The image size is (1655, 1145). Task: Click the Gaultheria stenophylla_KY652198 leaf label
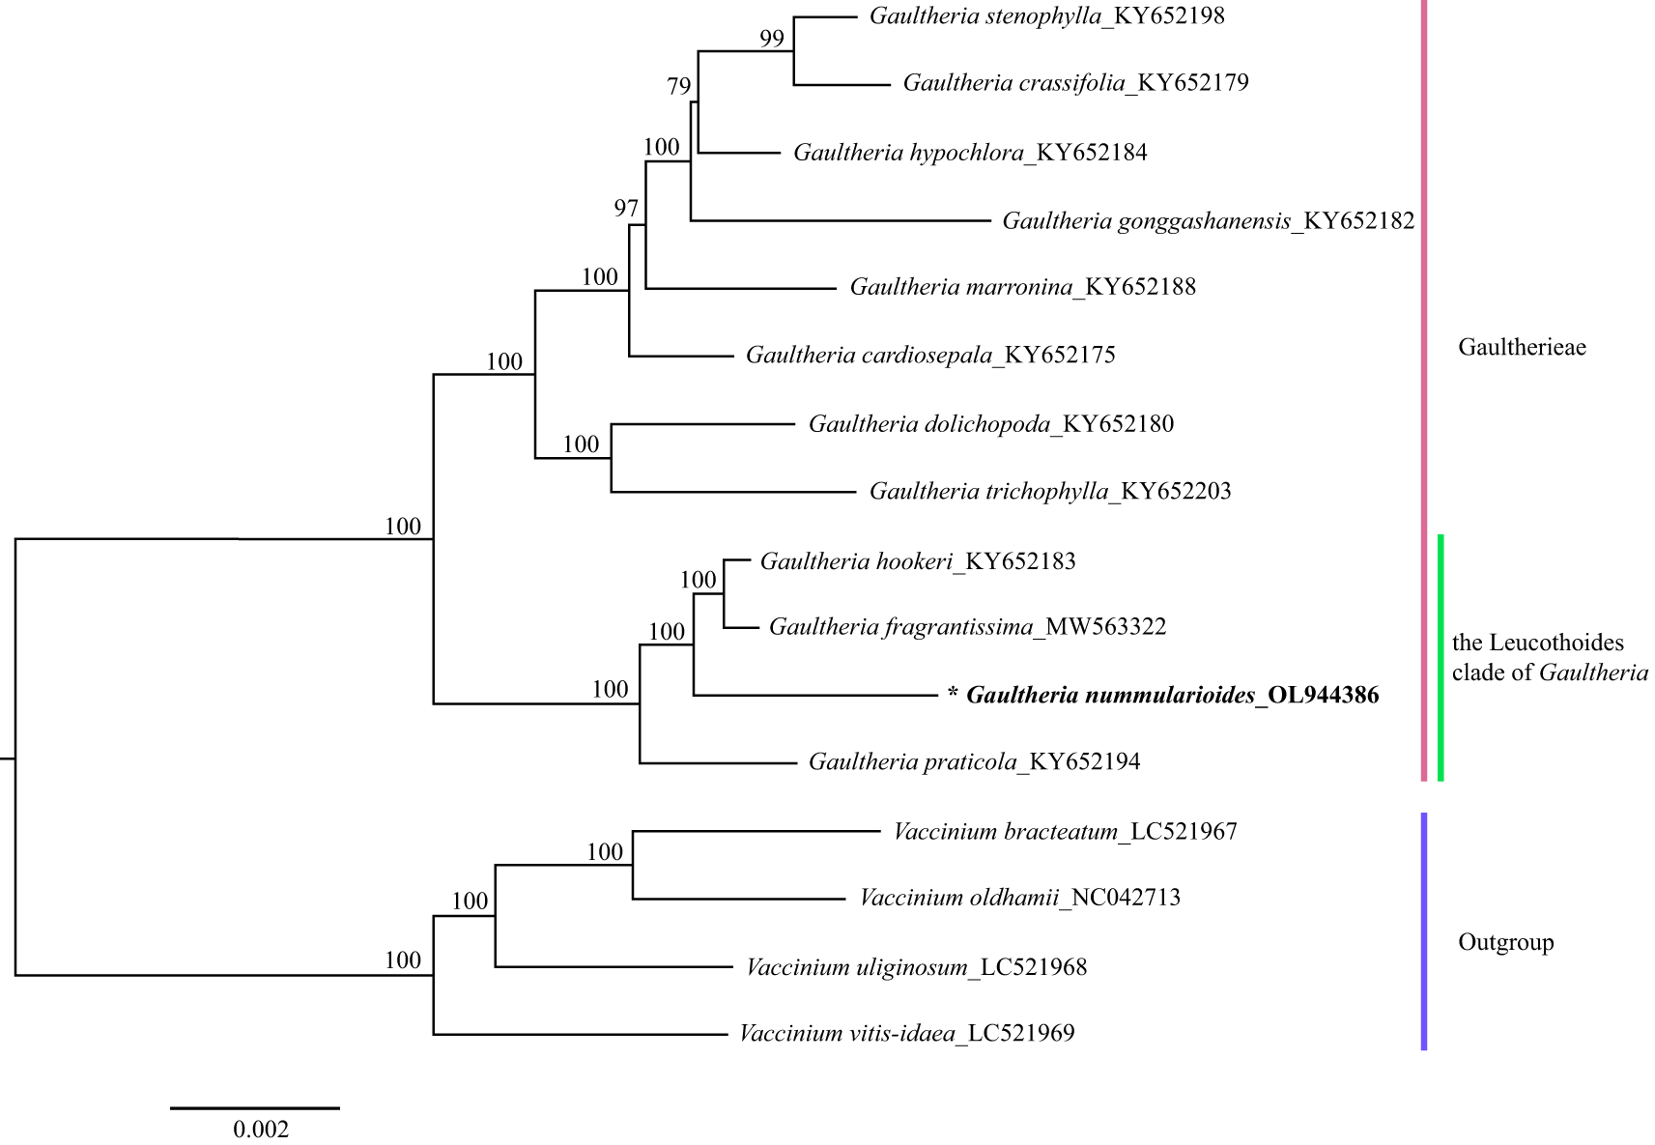click(x=1046, y=16)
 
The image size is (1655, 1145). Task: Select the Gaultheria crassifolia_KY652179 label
click(x=1075, y=83)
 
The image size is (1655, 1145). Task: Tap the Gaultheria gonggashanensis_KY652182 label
click(x=1208, y=221)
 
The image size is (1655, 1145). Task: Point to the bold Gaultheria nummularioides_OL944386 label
click(x=1172, y=696)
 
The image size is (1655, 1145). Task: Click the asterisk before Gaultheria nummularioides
click(x=953, y=695)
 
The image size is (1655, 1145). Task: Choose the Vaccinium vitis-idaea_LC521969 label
click(x=906, y=1034)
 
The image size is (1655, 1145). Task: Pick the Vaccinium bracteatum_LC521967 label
click(x=1065, y=832)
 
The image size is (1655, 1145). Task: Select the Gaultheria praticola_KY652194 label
click(x=974, y=762)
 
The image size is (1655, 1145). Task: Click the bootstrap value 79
click(x=679, y=87)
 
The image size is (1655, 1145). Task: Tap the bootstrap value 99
click(x=772, y=39)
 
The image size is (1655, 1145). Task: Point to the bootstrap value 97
click(x=626, y=209)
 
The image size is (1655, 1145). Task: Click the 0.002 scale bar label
click(x=261, y=1130)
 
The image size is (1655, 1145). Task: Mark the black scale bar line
click(x=255, y=1108)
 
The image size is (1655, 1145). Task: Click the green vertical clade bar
click(x=1441, y=657)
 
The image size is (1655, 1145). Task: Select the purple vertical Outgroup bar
click(x=1424, y=931)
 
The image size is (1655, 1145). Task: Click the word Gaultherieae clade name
click(x=1522, y=348)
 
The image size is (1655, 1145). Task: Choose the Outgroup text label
click(x=1505, y=942)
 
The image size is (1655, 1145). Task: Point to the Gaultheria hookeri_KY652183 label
click(x=918, y=562)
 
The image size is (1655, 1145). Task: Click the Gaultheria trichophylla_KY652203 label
click(x=1050, y=492)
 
